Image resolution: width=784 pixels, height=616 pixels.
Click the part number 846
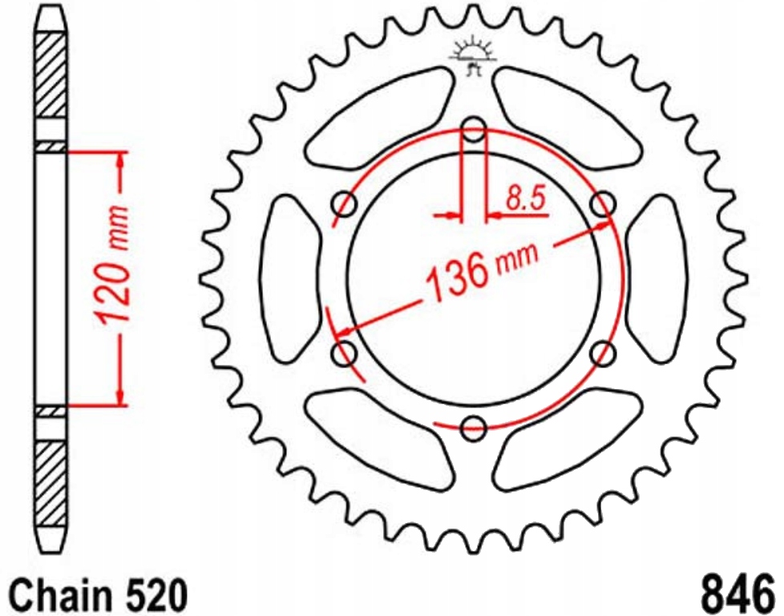click(x=738, y=594)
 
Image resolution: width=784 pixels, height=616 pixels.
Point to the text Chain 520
click(x=100, y=594)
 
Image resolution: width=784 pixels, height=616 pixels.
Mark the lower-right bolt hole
click(x=603, y=351)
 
